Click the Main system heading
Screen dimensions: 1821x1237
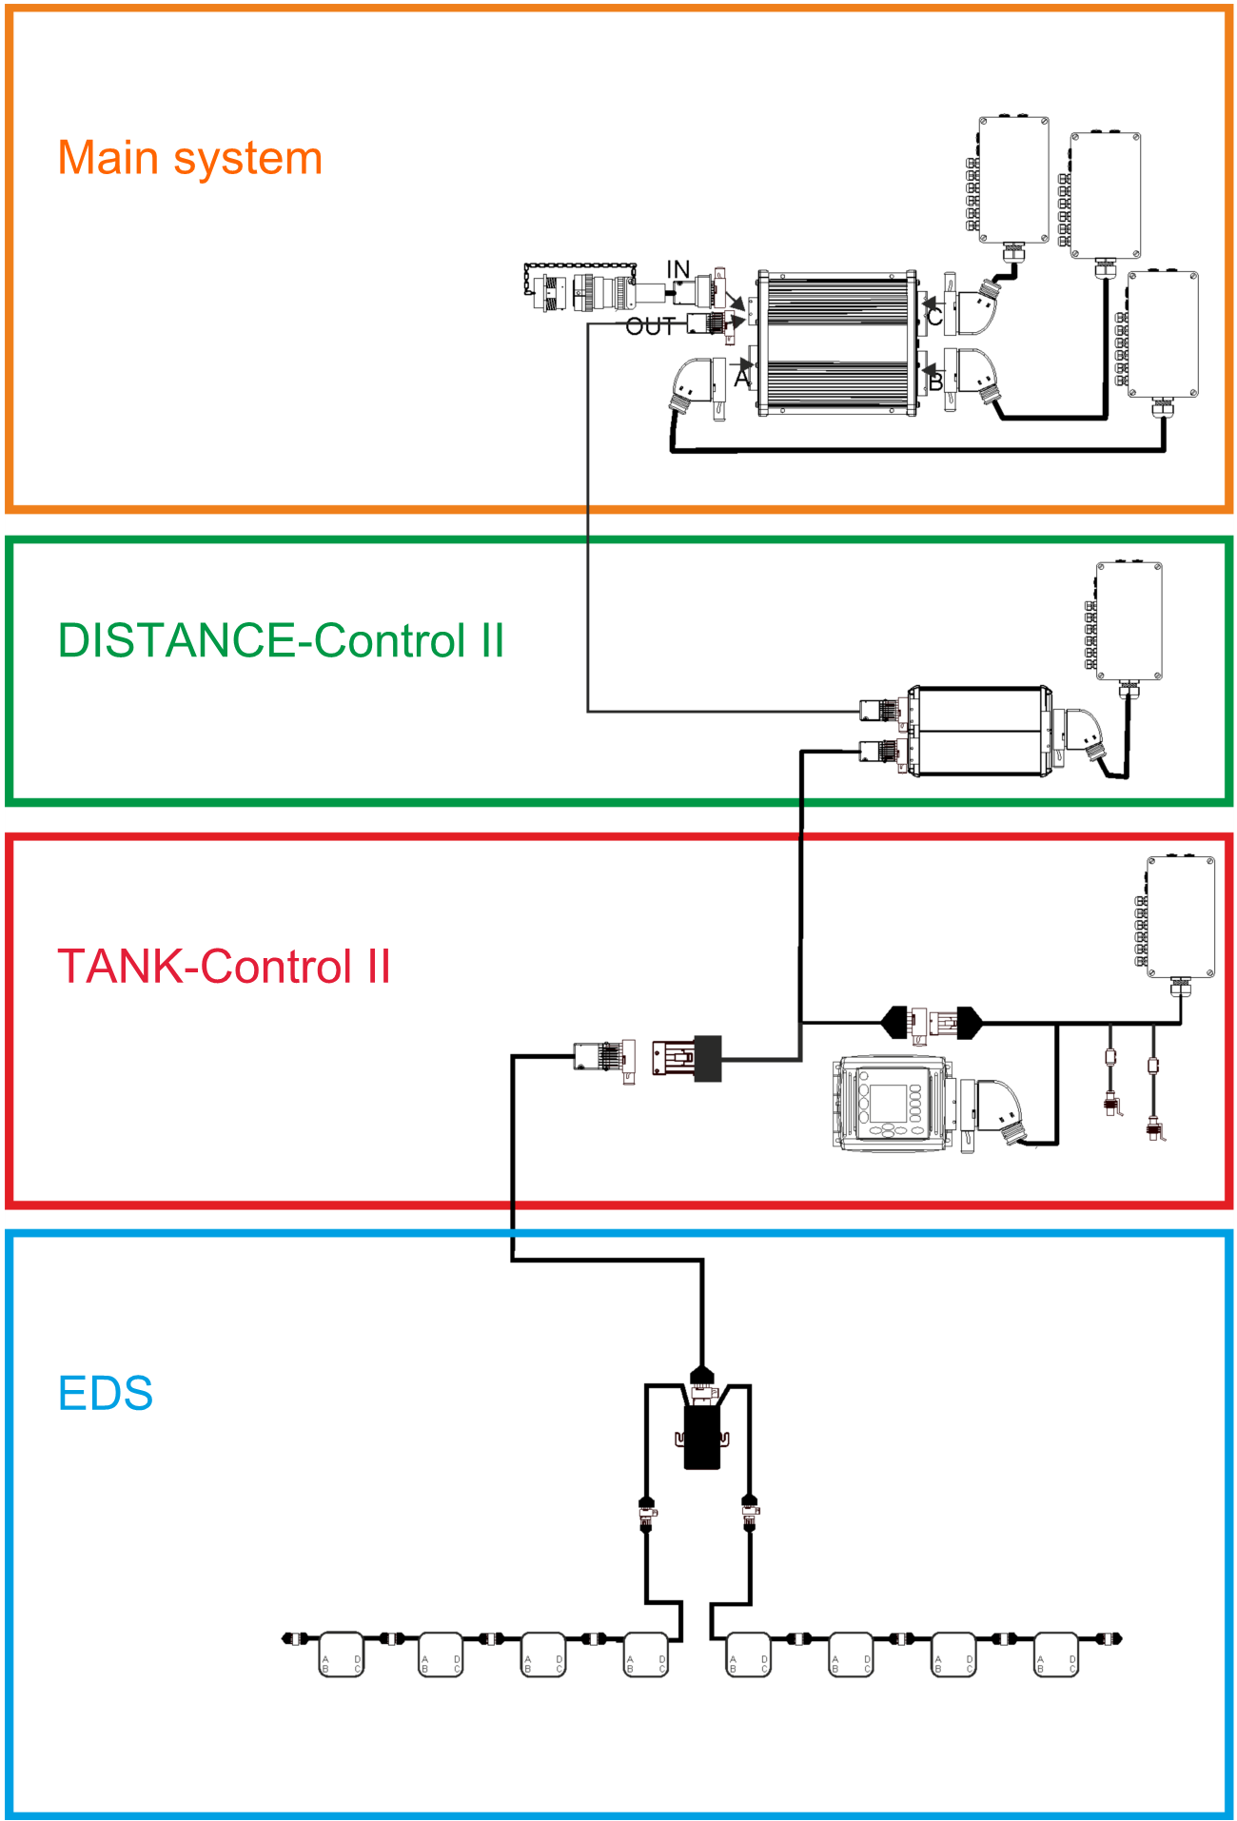point(190,158)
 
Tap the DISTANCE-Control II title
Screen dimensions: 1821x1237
point(281,640)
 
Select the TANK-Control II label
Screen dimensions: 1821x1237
point(225,967)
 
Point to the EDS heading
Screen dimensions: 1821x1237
point(106,1394)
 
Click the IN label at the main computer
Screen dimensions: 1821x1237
point(678,269)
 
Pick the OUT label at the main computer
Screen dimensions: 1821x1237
point(651,327)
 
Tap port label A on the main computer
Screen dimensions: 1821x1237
point(742,379)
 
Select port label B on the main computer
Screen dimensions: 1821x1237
point(935,382)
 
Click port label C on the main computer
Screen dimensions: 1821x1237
point(934,316)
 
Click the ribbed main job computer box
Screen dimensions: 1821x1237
point(837,343)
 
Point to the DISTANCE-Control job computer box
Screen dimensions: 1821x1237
point(980,731)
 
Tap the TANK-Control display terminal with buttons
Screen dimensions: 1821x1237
point(892,1103)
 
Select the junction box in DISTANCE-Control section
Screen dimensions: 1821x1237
point(1129,620)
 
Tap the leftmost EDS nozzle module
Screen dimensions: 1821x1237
point(341,1654)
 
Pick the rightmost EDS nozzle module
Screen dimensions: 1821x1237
point(1056,1654)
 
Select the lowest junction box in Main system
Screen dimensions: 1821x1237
point(1163,334)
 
